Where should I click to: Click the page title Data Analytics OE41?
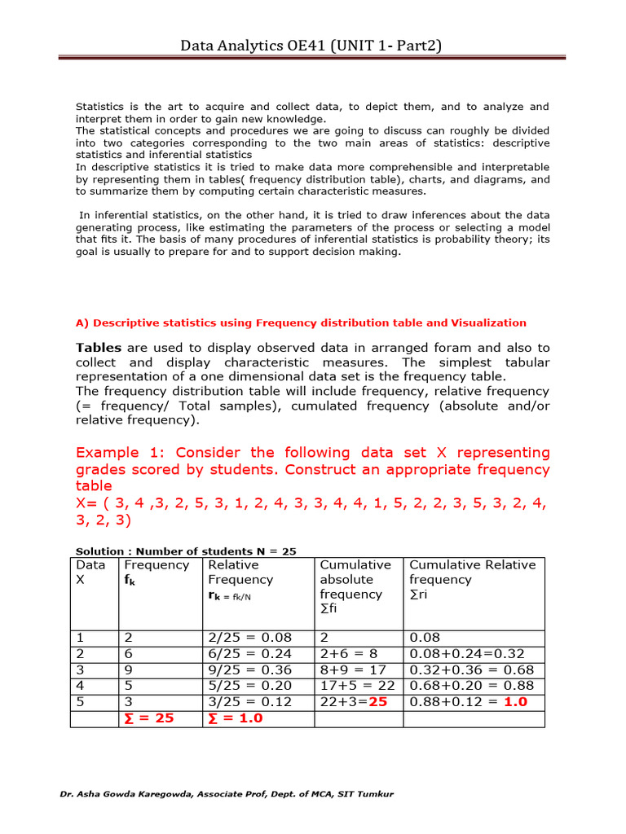(x=312, y=46)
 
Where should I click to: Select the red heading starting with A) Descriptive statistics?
(x=301, y=323)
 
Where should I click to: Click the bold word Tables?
(x=98, y=348)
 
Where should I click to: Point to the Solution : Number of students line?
(x=186, y=551)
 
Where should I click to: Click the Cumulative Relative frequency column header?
(x=472, y=579)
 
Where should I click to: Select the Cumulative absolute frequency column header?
(x=355, y=586)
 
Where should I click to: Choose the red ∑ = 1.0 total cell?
(x=236, y=718)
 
